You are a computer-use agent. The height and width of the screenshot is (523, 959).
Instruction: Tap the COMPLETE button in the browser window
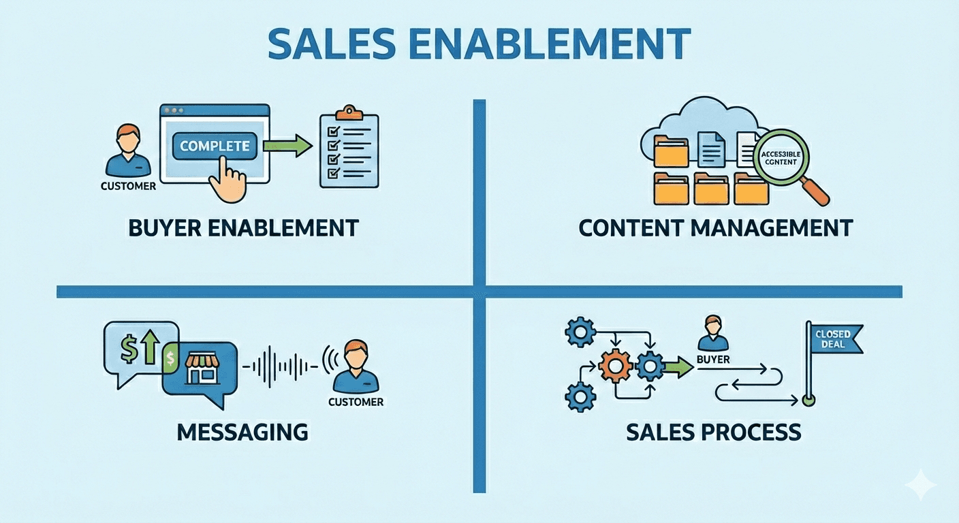[x=215, y=146]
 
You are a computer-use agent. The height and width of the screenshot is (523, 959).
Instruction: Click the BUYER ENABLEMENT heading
[x=243, y=227]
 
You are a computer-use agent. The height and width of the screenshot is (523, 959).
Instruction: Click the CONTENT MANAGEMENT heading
[x=715, y=227]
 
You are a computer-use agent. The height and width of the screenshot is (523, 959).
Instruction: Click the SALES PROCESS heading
[x=713, y=431]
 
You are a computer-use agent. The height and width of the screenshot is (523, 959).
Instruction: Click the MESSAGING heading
[x=242, y=431]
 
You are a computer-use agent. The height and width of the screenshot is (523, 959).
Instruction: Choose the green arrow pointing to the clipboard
[x=287, y=146]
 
